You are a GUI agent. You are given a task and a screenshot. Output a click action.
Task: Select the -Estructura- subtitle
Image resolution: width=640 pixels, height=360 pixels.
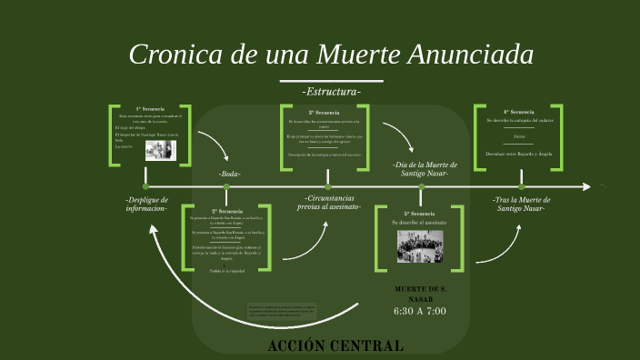[x=331, y=92]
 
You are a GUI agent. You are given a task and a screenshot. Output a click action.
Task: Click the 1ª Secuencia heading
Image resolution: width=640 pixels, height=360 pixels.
[x=150, y=109]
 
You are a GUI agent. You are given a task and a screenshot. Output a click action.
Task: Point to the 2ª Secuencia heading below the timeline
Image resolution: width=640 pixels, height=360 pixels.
[x=226, y=211]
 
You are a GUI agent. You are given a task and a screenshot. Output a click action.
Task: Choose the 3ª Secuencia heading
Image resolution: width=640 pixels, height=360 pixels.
[x=324, y=113]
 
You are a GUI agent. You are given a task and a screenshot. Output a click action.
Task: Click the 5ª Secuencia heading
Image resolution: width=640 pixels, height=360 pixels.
[x=420, y=214]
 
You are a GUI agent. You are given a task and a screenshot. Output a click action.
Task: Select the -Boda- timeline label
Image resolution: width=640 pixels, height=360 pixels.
[x=229, y=174]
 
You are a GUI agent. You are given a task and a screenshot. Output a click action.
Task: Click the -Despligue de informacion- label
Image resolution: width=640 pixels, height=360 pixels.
[x=146, y=204]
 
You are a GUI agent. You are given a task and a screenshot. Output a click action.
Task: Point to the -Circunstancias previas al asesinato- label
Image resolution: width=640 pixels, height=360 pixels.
[x=332, y=202]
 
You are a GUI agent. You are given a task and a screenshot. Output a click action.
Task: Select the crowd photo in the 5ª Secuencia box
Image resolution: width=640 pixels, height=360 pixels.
[x=420, y=246]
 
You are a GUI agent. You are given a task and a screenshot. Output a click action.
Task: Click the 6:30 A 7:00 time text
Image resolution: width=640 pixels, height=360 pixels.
[x=420, y=311]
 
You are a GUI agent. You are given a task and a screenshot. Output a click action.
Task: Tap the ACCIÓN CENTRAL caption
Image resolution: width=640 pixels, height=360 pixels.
[x=336, y=345]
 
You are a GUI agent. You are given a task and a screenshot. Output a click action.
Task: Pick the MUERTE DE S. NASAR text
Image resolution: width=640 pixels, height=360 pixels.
[x=420, y=294]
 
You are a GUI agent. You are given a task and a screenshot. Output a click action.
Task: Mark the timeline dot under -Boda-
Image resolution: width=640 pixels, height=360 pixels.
[x=226, y=186]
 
